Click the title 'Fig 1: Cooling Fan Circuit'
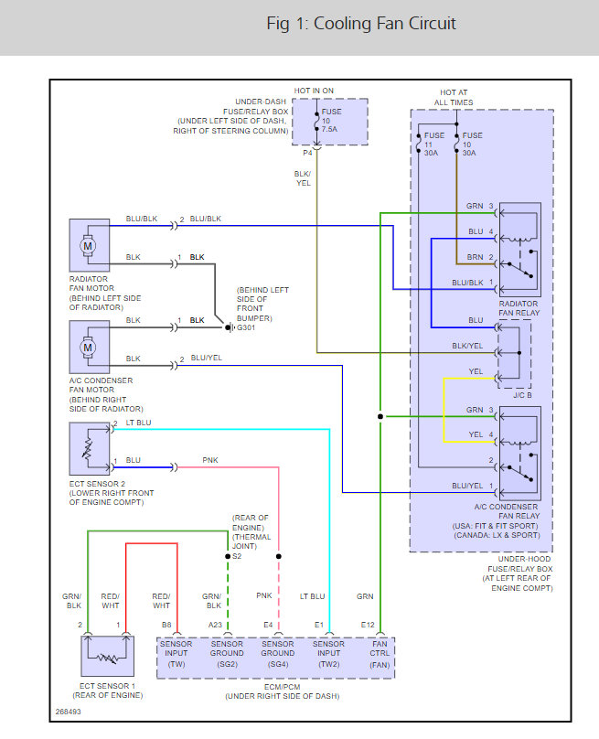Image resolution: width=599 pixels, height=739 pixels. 360,24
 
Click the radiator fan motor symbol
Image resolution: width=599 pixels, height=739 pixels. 90,244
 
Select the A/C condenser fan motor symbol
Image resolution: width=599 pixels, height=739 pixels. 90,347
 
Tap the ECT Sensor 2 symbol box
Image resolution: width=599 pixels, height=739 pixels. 90,448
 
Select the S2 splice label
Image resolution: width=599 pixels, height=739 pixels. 238,556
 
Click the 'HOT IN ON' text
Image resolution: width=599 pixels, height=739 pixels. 314,91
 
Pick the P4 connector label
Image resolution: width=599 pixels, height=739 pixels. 307,153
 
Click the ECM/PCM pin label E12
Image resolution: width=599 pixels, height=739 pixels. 368,626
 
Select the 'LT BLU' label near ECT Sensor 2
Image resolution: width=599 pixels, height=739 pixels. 139,423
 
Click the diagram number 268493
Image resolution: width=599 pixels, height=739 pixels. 67,709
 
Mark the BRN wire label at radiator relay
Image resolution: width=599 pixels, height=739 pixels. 475,257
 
